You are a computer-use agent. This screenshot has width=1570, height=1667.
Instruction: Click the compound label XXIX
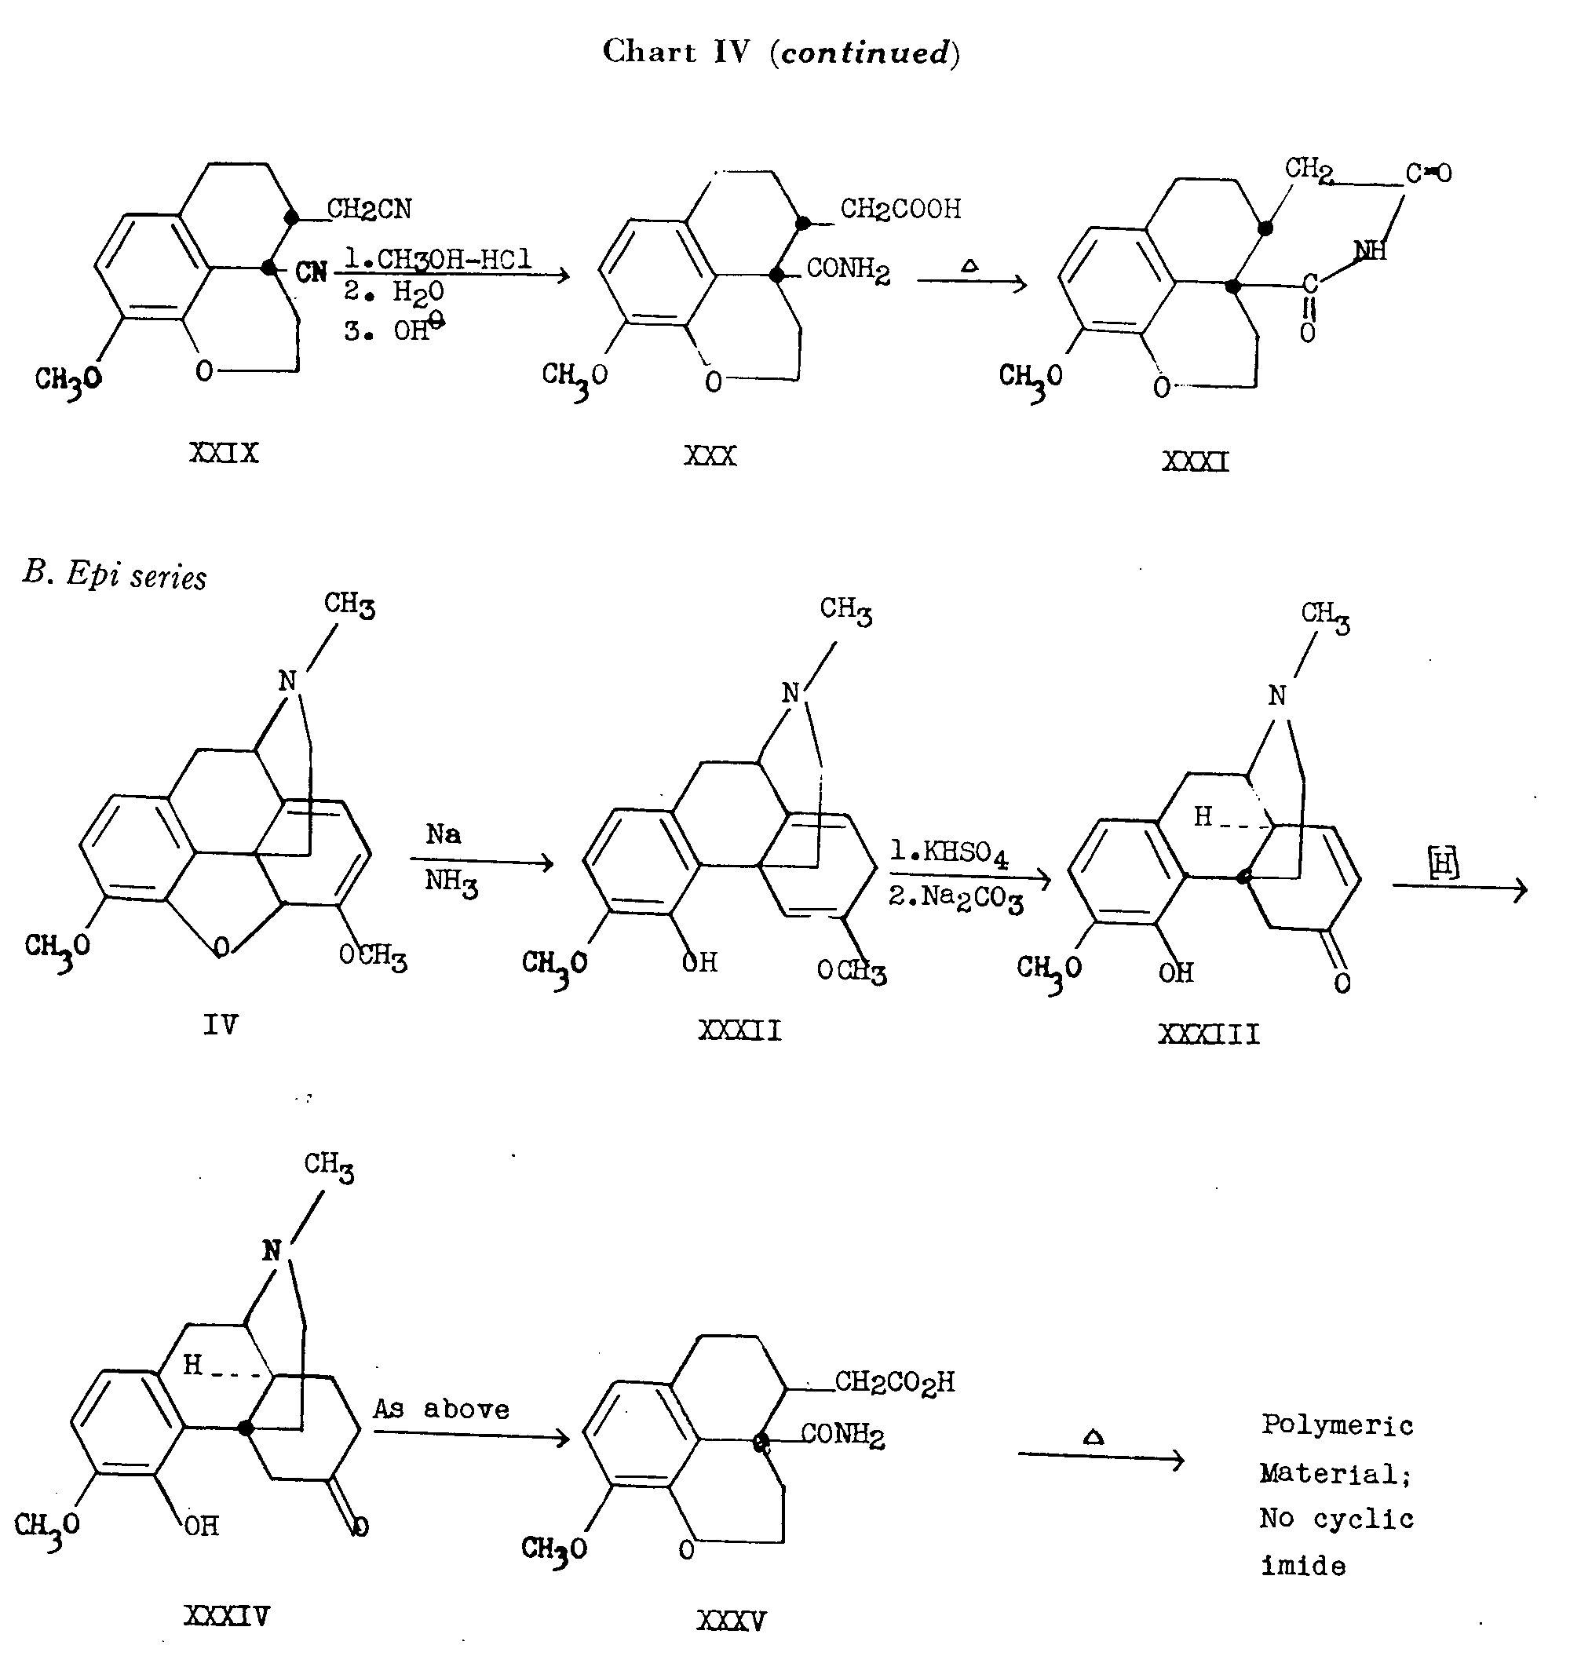pyautogui.click(x=224, y=454)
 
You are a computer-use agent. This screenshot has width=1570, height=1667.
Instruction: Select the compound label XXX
pyautogui.click(x=710, y=456)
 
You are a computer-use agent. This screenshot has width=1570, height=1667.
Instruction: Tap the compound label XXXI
pyautogui.click(x=1195, y=462)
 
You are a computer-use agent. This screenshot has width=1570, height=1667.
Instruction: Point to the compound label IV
pyautogui.click(x=221, y=1025)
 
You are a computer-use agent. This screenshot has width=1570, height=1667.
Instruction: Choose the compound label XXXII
pyautogui.click(x=739, y=1030)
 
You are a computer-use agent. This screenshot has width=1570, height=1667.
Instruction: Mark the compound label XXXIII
pyautogui.click(x=1209, y=1034)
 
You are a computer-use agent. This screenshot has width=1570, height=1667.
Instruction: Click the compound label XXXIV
pyautogui.click(x=226, y=1616)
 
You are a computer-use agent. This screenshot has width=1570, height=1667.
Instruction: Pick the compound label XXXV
pyautogui.click(x=732, y=1621)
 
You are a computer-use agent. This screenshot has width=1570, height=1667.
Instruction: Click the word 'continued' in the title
pyautogui.click(x=864, y=53)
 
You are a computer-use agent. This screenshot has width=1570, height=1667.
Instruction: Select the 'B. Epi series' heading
pyautogui.click(x=115, y=575)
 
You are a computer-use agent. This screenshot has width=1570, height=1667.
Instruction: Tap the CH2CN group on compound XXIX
pyautogui.click(x=369, y=209)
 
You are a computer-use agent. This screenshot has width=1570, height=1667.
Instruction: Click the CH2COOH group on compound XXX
pyautogui.click(x=900, y=209)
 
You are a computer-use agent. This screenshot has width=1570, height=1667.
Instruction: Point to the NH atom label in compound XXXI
pyautogui.click(x=1370, y=249)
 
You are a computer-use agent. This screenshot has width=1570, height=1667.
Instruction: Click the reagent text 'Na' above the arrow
pyautogui.click(x=443, y=834)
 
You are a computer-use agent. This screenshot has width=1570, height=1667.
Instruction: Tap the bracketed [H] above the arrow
pyautogui.click(x=1444, y=863)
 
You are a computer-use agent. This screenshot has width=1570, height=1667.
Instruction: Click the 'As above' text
pyautogui.click(x=441, y=1409)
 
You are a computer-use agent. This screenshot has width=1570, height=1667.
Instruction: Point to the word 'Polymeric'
pyautogui.click(x=1338, y=1425)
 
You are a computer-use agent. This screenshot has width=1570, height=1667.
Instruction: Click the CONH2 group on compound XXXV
pyautogui.click(x=842, y=1435)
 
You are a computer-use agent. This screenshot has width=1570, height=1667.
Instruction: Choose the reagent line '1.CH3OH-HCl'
pyautogui.click(x=438, y=259)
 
